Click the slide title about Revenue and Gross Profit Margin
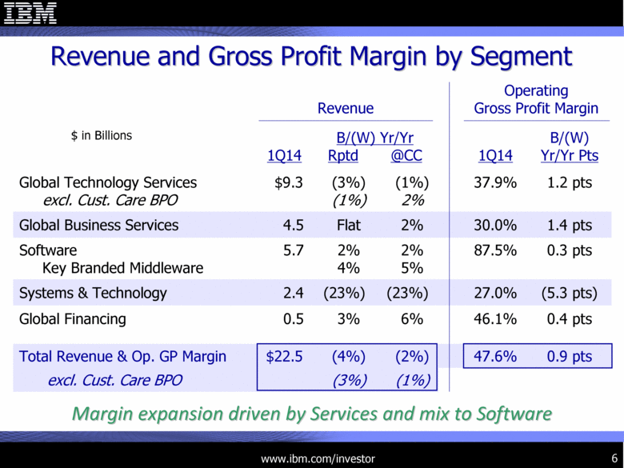pyautogui.click(x=311, y=56)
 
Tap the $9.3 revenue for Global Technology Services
pyautogui.click(x=287, y=183)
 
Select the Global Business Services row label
pyautogui.click(x=99, y=225)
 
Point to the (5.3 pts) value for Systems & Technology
pyautogui.click(x=567, y=293)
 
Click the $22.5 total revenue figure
pyautogui.click(x=284, y=357)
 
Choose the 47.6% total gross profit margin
pyautogui.click(x=494, y=357)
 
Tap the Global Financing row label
pyautogui.click(x=73, y=319)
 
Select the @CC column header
pyautogui.click(x=406, y=156)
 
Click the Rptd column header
pyautogui.click(x=344, y=156)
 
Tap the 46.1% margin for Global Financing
pyautogui.click(x=494, y=319)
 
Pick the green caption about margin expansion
pyautogui.click(x=311, y=414)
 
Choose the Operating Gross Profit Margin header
pyautogui.click(x=536, y=100)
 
